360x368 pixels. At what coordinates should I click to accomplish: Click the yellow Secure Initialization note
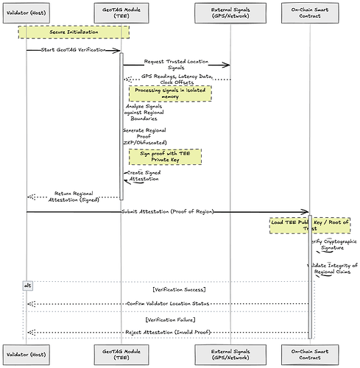coord(74,32)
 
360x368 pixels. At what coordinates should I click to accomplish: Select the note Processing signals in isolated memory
coord(170,93)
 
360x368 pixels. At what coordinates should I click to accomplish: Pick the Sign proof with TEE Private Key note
coord(165,156)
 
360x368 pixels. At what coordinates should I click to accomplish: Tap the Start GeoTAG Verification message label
coord(74,49)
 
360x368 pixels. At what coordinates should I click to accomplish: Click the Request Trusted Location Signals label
coord(175,65)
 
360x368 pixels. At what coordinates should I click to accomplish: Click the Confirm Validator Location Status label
coord(168,302)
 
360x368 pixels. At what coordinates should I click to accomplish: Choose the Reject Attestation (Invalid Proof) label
coord(168,332)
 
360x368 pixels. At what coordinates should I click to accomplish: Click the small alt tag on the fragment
coord(28,285)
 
